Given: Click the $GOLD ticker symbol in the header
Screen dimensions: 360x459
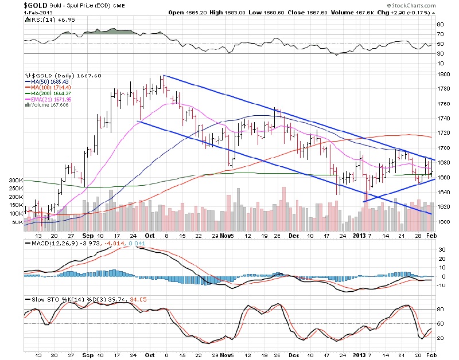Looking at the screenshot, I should (x=13, y=5).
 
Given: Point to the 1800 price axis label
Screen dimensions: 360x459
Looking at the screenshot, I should (x=443, y=75).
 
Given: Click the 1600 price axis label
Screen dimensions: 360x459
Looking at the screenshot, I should (x=443, y=222).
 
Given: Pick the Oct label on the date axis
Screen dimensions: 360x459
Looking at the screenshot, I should (x=149, y=236).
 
